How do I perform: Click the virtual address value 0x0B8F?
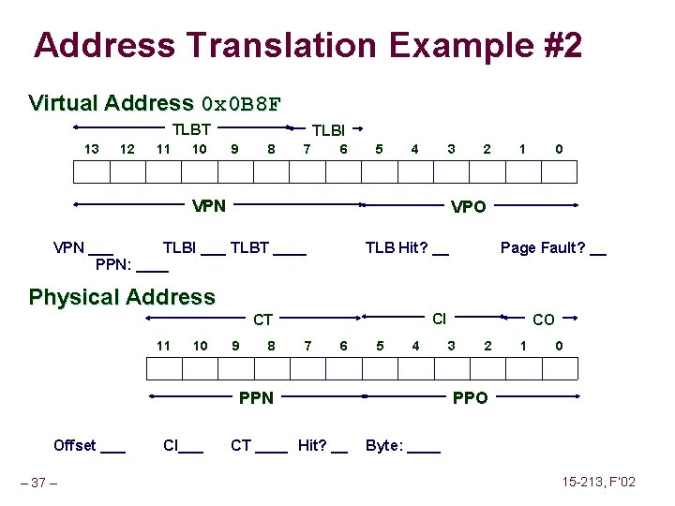(x=241, y=103)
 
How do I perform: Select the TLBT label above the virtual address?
(x=190, y=130)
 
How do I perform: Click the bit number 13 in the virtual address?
(x=91, y=149)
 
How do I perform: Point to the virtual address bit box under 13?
(x=91, y=171)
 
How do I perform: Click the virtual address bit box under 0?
(x=560, y=171)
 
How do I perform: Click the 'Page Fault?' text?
(x=543, y=247)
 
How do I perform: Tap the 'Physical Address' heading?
(x=122, y=298)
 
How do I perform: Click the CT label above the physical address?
(x=263, y=321)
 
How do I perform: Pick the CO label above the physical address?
(x=543, y=320)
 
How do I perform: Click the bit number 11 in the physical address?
(x=163, y=346)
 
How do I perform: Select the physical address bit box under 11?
(x=163, y=368)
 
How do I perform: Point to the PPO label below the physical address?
(x=470, y=398)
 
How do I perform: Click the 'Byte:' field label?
(x=384, y=445)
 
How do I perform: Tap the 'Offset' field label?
(x=75, y=445)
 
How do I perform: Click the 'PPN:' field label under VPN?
(x=113, y=266)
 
